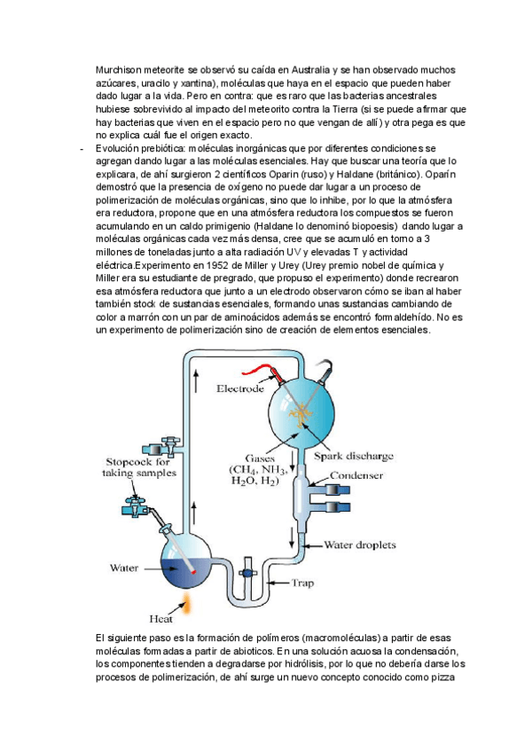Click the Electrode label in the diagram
pyautogui.click(x=240, y=388)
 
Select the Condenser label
pyautogui.click(x=356, y=476)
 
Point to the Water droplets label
pyautogui.click(x=360, y=544)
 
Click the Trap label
pyautogui.click(x=302, y=583)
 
